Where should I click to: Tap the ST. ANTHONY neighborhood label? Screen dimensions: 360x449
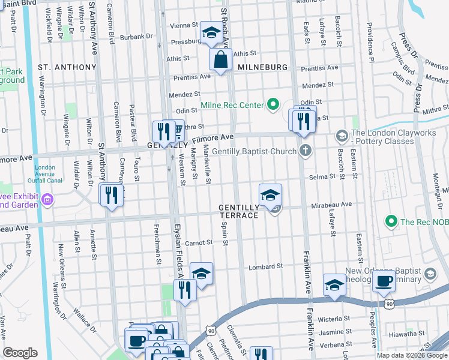pos(67,67)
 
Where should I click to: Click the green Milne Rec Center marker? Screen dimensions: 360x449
pos(273,105)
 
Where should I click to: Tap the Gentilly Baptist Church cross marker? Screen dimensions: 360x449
pos(306,151)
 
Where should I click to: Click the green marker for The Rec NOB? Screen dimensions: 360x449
pos(391,221)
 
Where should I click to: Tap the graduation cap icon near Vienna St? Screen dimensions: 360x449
pos(211,34)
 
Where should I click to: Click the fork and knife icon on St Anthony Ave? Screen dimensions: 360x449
pos(111,194)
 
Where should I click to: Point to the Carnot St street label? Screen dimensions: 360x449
pos(199,242)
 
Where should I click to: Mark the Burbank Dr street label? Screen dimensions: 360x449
pos(136,37)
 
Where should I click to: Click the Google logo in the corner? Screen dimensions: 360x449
pos(20,353)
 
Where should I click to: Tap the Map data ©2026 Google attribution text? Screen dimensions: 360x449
pos(412,355)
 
